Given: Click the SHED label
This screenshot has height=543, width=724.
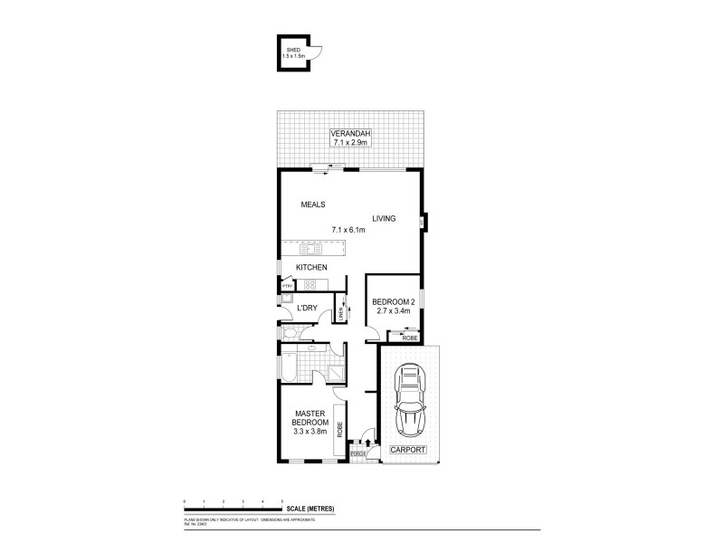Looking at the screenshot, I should (x=292, y=51).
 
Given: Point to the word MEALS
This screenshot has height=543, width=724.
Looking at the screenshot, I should (x=313, y=205).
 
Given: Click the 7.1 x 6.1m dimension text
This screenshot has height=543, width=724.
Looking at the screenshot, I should (x=348, y=230).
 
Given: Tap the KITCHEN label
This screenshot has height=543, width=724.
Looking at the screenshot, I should (x=310, y=267).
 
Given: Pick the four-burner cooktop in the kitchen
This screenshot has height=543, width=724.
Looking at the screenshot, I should (x=310, y=284).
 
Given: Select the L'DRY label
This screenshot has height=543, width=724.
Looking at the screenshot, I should (x=308, y=309).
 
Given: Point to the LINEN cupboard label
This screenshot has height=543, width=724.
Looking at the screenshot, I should (x=341, y=313).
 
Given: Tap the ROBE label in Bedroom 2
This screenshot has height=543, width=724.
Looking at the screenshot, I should (x=408, y=338).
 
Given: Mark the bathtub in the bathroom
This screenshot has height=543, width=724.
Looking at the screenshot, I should (x=291, y=371).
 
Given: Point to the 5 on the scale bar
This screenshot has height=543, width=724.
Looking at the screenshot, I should (x=282, y=500).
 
